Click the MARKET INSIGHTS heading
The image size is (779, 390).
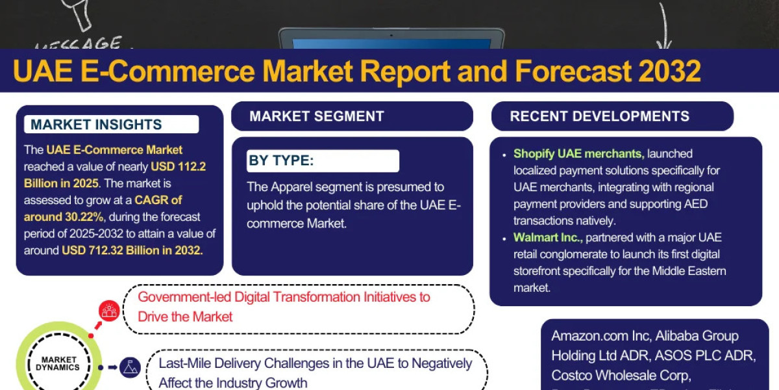pos(96,125)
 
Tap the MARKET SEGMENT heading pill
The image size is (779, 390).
pos(317,117)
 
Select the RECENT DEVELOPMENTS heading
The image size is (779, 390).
pos(599,117)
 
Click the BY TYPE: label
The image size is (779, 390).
pos(281,161)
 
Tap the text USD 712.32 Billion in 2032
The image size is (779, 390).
pos(132,250)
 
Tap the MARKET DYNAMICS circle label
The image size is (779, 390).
pos(59,363)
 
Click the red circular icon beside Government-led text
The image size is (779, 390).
pos(109,311)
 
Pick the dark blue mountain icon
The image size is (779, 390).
pos(130,367)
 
